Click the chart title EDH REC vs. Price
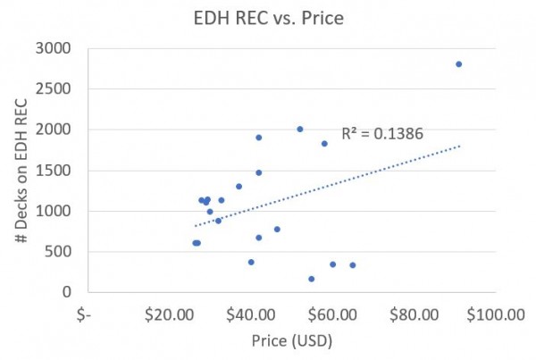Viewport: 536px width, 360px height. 267,17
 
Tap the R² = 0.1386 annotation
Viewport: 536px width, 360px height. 381,133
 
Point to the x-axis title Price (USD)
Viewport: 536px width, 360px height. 289,341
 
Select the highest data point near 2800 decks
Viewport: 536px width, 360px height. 459,64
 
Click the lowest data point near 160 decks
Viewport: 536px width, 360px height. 312,279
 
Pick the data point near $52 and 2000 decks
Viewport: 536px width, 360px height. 300,130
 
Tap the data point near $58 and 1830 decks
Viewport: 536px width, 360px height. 324,144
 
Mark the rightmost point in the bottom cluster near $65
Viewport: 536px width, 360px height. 353,265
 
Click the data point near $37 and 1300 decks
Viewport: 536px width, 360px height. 239,187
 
